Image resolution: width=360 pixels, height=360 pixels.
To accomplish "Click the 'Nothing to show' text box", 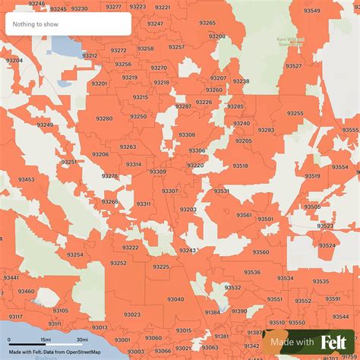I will pyautogui.click(x=67, y=24).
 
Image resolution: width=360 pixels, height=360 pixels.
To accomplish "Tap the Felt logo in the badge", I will pyautogui.click(x=334, y=342).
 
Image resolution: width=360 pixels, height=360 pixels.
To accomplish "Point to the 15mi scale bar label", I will pyautogui.click(x=46, y=339).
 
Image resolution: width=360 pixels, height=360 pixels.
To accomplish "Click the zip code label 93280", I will pyautogui.click(x=104, y=118).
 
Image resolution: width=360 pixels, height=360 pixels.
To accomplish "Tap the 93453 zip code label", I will pyautogui.click(x=27, y=179).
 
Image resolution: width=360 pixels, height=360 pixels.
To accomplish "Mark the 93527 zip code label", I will pyautogui.click(x=293, y=66).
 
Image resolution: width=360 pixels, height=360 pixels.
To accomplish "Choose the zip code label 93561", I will pyautogui.click(x=244, y=215).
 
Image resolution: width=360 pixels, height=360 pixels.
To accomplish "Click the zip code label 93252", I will pyautogui.click(x=118, y=263).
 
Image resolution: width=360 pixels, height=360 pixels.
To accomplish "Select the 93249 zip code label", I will pyautogui.click(x=45, y=125).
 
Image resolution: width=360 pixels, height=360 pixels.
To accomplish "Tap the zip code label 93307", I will pyautogui.click(x=170, y=191).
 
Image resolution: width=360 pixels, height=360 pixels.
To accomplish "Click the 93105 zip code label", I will pyautogui.click(x=62, y=310).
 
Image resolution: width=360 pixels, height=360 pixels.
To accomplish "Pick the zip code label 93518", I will pyautogui.click(x=241, y=165).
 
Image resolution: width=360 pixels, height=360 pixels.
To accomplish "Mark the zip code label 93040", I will pyautogui.click(x=175, y=299).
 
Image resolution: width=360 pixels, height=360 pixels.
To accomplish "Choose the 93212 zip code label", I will pyautogui.click(x=90, y=55).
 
